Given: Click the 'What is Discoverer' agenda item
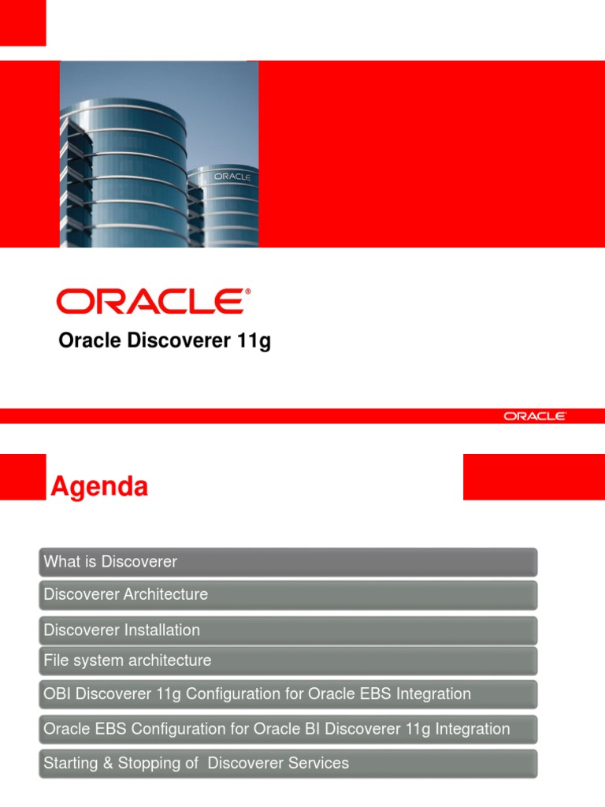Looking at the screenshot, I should pyautogui.click(x=110, y=562).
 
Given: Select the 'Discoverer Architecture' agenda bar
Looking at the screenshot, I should pyautogui.click(x=126, y=595).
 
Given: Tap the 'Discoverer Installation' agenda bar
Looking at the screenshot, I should pyautogui.click(x=122, y=630).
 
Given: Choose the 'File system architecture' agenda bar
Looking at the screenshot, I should pyautogui.click(x=128, y=660).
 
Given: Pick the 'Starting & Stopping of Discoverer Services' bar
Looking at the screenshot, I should pyautogui.click(x=196, y=764).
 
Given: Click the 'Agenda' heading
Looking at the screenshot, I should pyautogui.click(x=99, y=488).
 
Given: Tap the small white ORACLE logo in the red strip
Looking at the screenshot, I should pyautogui.click(x=534, y=416).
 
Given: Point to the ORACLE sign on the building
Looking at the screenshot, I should pyautogui.click(x=232, y=177).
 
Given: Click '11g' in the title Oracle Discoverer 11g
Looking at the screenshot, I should pyautogui.click(x=254, y=342).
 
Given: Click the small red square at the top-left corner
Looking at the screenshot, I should pyautogui.click(x=22, y=22).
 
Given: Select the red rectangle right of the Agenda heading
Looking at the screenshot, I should pyautogui.click(x=533, y=477).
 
